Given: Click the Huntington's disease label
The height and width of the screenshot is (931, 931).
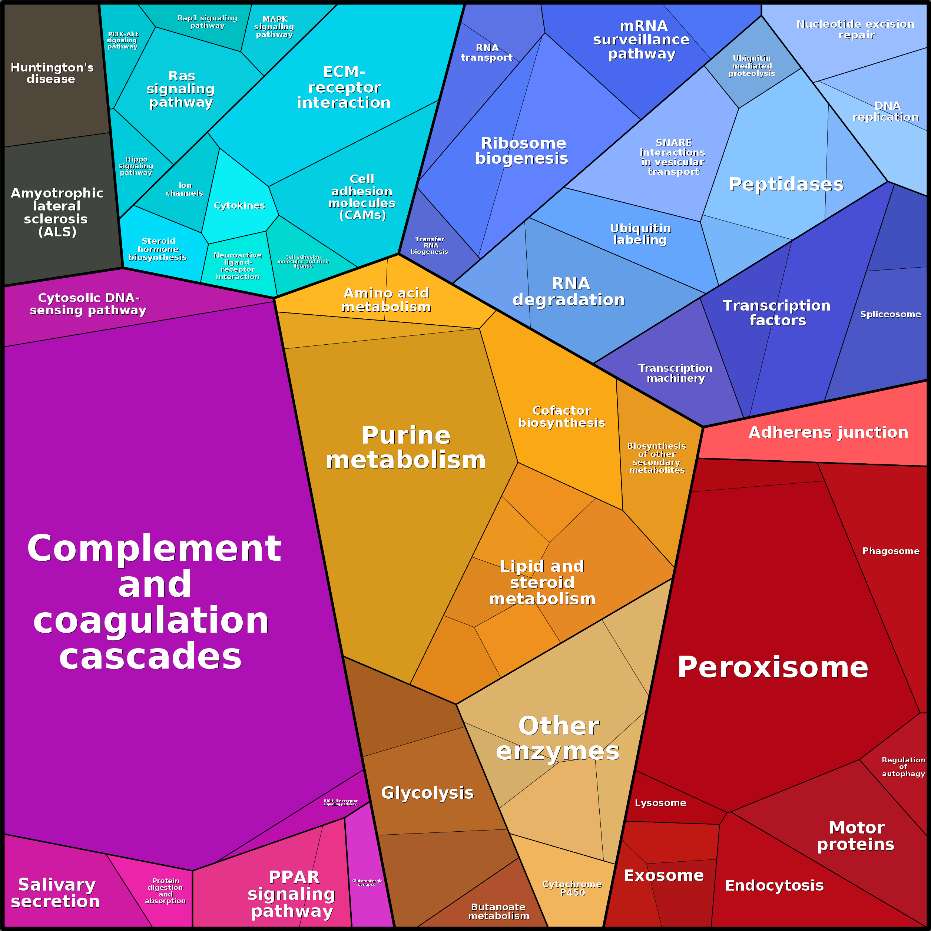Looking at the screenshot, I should [x=52, y=73].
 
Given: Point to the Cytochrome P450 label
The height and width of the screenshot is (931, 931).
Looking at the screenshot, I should [x=572, y=888].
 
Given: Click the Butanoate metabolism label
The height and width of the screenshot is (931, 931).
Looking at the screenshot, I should [x=498, y=911].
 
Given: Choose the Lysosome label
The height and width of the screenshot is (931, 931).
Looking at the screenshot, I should [x=660, y=803].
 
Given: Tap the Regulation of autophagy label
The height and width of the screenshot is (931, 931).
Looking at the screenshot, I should [x=903, y=767].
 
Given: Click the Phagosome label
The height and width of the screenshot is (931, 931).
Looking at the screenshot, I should [x=891, y=551].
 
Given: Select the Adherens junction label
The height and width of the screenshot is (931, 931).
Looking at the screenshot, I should [x=828, y=432].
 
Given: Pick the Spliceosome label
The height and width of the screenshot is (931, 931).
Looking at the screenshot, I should [x=890, y=314].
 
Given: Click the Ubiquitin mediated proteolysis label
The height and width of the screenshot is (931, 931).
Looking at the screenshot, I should [x=752, y=66].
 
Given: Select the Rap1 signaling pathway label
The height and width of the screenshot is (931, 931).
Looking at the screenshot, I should [x=207, y=22].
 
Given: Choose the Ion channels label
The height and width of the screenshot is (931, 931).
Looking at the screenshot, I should [x=185, y=189].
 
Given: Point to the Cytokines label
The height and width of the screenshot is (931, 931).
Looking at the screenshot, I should [x=239, y=205].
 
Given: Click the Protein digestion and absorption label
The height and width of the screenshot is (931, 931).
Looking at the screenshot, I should [x=165, y=891].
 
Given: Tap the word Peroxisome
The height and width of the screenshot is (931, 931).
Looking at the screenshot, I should [x=772, y=667].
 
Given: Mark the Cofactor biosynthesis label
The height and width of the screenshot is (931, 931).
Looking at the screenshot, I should [x=561, y=416].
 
